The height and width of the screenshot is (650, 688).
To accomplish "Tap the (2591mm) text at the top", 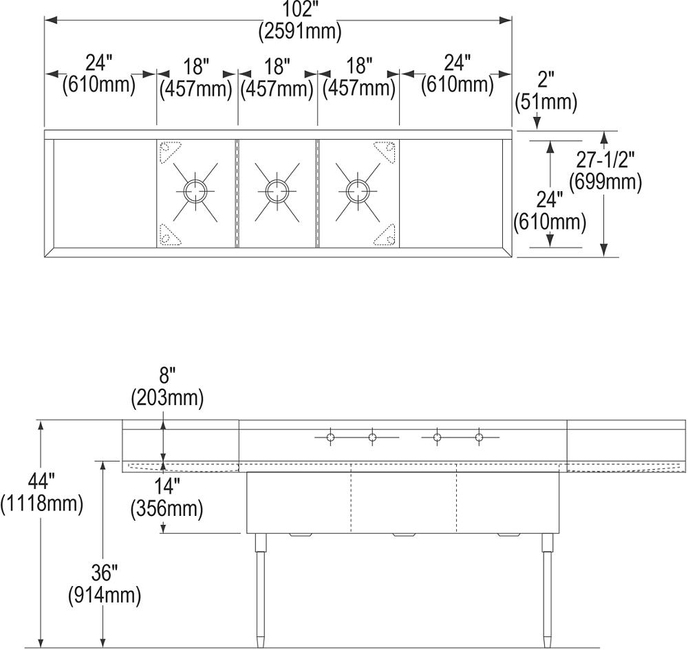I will tap(300, 32).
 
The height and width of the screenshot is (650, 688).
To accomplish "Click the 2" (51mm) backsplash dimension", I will tap(546, 91).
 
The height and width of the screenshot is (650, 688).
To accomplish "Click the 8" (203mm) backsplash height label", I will tap(167, 387).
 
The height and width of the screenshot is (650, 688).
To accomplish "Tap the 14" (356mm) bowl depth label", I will tap(167, 497).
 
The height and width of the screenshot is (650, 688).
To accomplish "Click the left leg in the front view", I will tap(261, 592).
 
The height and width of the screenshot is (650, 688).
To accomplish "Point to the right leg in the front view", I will tap(547, 592).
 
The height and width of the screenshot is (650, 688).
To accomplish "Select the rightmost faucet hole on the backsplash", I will tap(478, 437).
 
